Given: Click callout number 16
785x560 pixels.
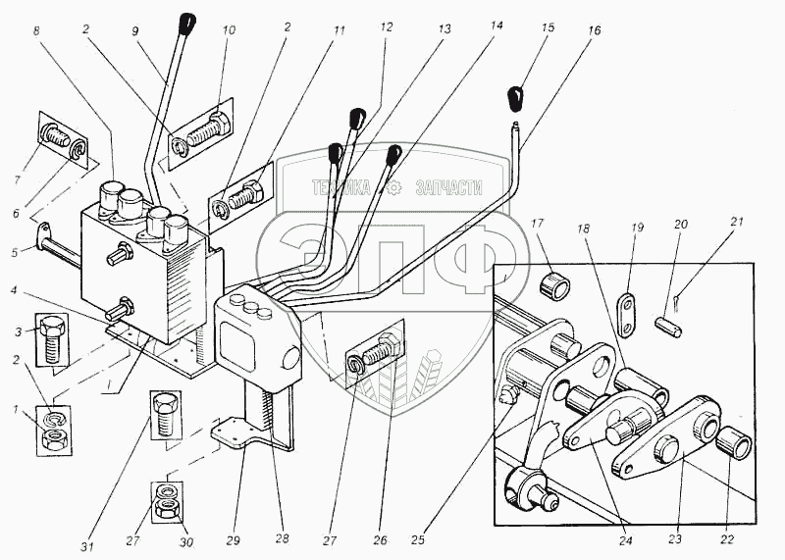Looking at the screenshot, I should (x=595, y=30).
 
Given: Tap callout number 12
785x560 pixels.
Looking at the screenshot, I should (x=387, y=28).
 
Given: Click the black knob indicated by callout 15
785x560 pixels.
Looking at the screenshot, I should (x=516, y=99).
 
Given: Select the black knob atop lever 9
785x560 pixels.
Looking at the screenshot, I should (x=189, y=23).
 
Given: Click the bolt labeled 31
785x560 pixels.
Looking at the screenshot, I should (x=165, y=415).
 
